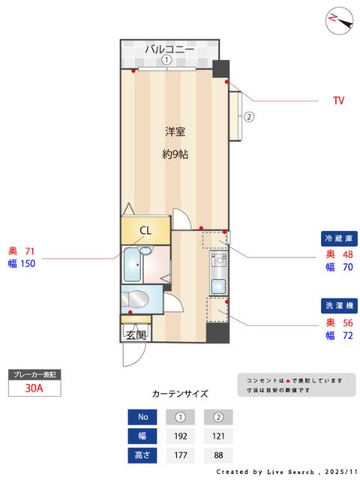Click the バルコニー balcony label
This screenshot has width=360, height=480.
[x=169, y=48]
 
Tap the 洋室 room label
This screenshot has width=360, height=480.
[x=175, y=132]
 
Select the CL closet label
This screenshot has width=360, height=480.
[x=145, y=230]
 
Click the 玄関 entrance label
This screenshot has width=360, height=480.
[x=136, y=334]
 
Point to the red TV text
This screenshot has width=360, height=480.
[x=339, y=100]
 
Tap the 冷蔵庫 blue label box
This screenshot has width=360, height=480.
[x=337, y=238]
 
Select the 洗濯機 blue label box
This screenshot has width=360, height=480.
[x=337, y=306]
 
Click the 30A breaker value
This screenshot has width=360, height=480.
[x=34, y=388]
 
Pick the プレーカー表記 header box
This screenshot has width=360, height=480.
[x=34, y=373]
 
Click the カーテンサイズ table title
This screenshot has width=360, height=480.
[x=180, y=393]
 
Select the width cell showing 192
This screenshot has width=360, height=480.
[x=180, y=436]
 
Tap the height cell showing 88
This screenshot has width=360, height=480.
[x=218, y=454]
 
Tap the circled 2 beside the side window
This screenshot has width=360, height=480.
[x=249, y=116]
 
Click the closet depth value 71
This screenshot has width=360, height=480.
[x=30, y=251]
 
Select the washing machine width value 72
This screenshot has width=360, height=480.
[x=347, y=335]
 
